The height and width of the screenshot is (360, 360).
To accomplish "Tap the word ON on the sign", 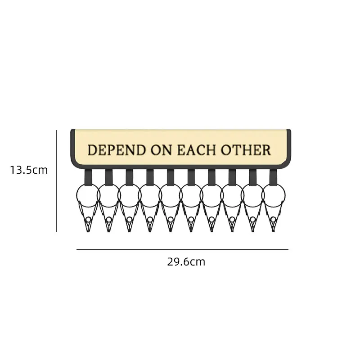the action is pos(161,150).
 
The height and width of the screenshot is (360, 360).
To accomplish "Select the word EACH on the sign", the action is pos(196,150).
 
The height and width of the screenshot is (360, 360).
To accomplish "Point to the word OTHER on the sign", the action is pos(245,150).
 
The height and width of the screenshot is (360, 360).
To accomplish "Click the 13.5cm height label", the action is pos(29,170).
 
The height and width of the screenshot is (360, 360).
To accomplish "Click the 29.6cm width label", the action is pos(186,262).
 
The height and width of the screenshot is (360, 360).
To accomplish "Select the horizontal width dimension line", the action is pos(182,249).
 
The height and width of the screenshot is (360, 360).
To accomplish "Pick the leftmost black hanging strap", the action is pos(87,177).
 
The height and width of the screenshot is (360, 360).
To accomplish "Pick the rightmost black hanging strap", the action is pos(274,177).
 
